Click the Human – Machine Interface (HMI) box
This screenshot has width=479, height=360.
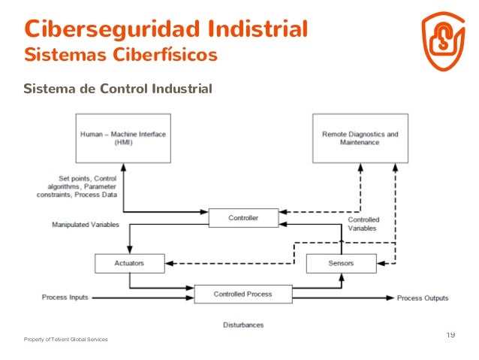122,138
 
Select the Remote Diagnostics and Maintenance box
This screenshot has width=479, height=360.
360,138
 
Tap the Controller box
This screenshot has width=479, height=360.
243,218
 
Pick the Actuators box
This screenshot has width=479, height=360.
130,263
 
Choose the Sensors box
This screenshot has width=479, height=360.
341,263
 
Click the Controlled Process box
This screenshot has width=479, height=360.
243,294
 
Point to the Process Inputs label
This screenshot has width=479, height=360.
65,298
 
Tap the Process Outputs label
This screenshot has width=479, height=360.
423,298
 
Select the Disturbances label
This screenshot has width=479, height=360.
243,325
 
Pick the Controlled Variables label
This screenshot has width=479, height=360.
363,224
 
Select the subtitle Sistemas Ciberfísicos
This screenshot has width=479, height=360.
120,55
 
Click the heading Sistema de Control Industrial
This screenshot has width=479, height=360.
118,89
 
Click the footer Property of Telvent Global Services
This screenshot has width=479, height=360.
65,340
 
